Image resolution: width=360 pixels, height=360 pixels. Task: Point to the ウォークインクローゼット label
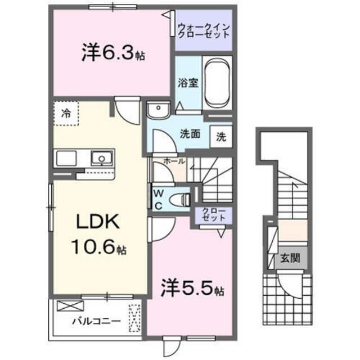(x=204, y=30)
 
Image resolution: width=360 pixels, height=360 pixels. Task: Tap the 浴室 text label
(x=188, y=82)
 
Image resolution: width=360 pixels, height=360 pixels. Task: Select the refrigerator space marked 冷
(x=66, y=112)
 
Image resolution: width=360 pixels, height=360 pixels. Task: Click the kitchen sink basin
(x=101, y=157)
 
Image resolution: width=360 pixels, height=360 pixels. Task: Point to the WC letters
(x=158, y=199)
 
